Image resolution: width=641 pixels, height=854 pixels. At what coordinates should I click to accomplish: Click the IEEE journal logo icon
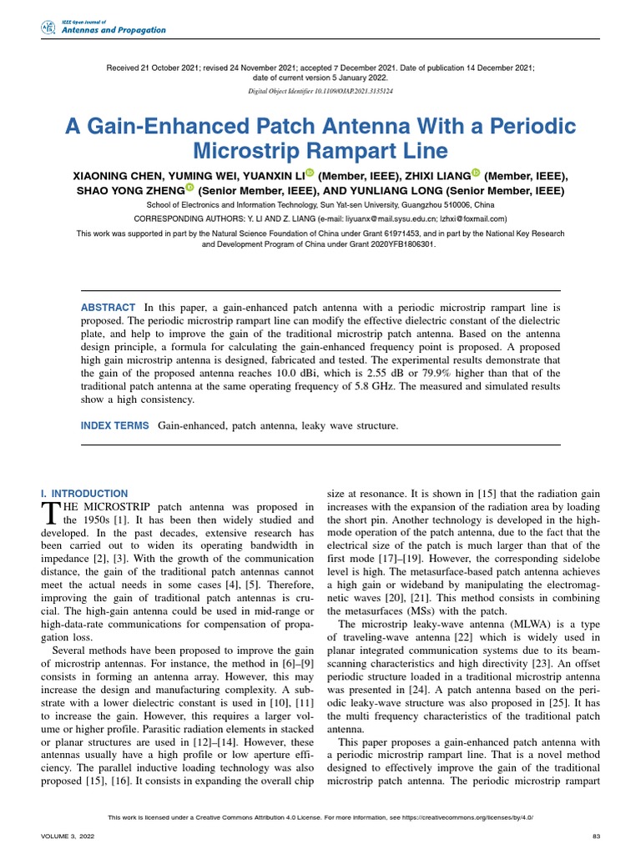(48, 28)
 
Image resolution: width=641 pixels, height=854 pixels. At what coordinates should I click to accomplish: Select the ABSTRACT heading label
(109, 308)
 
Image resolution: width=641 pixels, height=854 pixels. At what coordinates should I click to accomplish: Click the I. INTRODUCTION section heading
(84, 494)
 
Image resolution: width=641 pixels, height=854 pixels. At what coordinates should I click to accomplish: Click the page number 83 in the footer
(595, 836)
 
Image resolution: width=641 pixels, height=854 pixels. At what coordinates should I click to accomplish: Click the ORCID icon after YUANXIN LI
(308, 173)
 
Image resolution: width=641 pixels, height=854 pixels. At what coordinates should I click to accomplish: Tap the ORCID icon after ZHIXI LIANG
(477, 173)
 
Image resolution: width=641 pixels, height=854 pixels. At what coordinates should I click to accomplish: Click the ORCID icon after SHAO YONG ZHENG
(189, 189)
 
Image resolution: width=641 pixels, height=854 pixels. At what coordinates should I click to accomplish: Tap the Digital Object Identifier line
(320, 90)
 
